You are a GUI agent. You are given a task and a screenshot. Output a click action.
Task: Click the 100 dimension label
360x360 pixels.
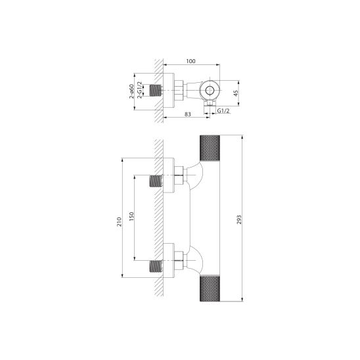[191, 61]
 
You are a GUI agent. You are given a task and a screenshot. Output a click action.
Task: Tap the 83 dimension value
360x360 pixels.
[188, 114]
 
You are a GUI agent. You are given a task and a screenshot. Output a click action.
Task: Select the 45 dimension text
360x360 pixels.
[236, 93]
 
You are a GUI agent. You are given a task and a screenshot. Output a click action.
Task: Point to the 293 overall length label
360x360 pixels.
[239, 219]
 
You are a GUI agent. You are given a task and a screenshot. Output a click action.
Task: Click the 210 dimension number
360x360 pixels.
[119, 221]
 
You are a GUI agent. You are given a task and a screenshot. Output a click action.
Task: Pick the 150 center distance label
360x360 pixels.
[131, 217]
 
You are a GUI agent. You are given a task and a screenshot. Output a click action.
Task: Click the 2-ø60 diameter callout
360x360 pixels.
[131, 91]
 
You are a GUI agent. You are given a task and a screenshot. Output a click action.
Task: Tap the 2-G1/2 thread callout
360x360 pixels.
[139, 90]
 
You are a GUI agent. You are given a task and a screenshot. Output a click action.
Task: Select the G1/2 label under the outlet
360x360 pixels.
[223, 111]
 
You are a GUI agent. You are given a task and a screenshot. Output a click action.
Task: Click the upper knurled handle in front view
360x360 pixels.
[210, 148]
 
